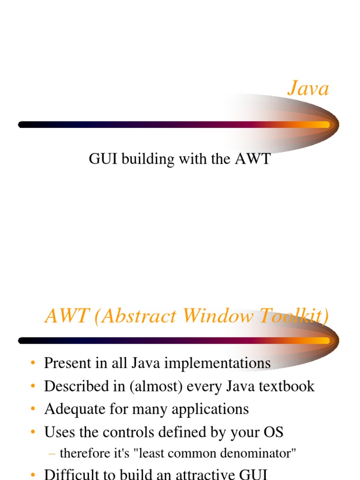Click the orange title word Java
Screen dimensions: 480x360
click(308, 89)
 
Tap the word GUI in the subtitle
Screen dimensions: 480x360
click(103, 159)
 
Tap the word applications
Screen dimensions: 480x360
click(210, 409)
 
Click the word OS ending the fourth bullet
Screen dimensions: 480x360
click(273, 432)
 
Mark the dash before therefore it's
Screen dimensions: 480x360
click(52, 454)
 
